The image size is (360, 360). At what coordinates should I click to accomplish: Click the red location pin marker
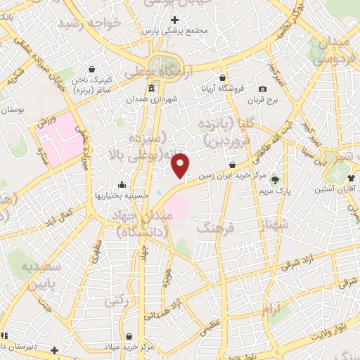[181, 165]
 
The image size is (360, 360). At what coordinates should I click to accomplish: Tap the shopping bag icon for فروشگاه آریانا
[223, 77]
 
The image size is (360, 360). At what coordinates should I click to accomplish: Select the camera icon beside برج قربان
[263, 89]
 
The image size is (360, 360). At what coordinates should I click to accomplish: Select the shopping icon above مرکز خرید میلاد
[124, 335]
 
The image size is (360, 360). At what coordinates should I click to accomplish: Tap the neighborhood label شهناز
[273, 226]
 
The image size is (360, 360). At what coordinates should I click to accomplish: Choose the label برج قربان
[263, 100]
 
